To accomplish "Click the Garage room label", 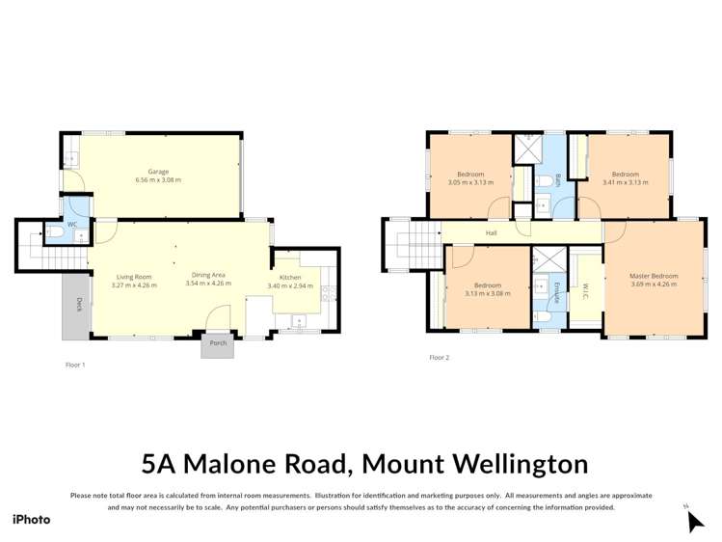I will tap(158, 172).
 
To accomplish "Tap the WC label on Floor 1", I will tap(71, 224).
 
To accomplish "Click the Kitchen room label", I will tap(289, 277).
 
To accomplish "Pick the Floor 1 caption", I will tap(75, 366).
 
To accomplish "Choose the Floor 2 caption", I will tap(439, 358).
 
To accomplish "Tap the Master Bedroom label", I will tap(654, 275).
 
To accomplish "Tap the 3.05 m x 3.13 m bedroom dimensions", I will tap(470, 181).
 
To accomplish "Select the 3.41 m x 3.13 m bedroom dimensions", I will tap(626, 181).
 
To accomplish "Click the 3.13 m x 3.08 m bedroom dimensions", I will tap(488, 294).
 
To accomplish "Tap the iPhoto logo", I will tap(31, 520).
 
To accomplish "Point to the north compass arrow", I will tap(694, 521).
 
